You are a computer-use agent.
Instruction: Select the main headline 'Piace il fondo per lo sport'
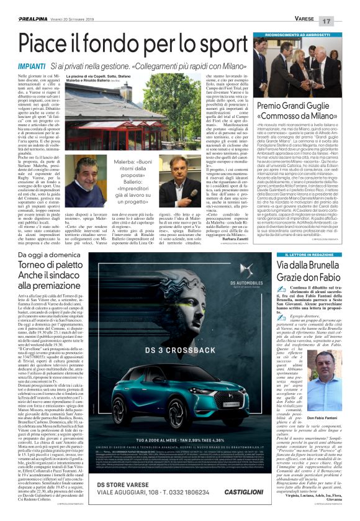point(124,45)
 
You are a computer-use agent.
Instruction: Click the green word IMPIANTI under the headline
point(31,65)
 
